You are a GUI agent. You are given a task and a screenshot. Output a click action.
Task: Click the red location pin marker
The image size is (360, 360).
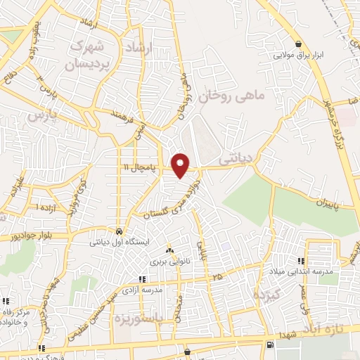[x=181, y=165]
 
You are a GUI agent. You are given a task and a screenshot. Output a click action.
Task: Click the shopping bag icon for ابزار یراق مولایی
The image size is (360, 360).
[x=299, y=44]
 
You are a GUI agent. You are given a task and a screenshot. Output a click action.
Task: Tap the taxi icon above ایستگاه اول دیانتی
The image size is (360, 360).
[x=120, y=231]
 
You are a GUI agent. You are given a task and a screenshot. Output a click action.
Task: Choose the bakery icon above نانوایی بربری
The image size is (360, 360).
[x=169, y=250]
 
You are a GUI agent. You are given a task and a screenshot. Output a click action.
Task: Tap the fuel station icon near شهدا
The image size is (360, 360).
[x=270, y=345]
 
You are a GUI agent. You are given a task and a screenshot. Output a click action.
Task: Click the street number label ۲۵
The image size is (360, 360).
[x=218, y=278]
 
